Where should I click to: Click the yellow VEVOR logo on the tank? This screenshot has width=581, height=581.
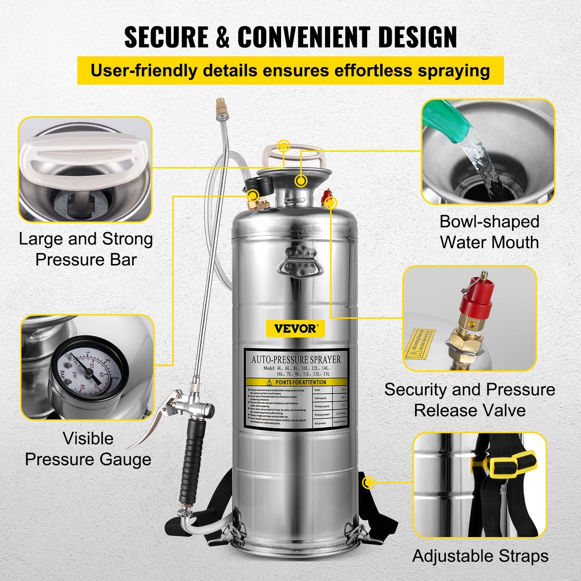point(296,328)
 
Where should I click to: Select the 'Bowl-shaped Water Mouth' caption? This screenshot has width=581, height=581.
point(489,232)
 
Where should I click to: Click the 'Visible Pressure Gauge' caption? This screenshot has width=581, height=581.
point(88,449)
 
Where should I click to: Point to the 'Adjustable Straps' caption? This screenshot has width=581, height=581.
point(480,556)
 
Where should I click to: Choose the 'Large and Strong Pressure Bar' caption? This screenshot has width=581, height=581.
point(86,249)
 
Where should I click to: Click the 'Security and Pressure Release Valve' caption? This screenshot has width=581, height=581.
point(470,400)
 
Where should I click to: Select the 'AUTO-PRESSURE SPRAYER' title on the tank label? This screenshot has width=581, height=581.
point(296,359)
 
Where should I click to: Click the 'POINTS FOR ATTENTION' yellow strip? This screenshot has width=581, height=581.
point(296,382)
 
